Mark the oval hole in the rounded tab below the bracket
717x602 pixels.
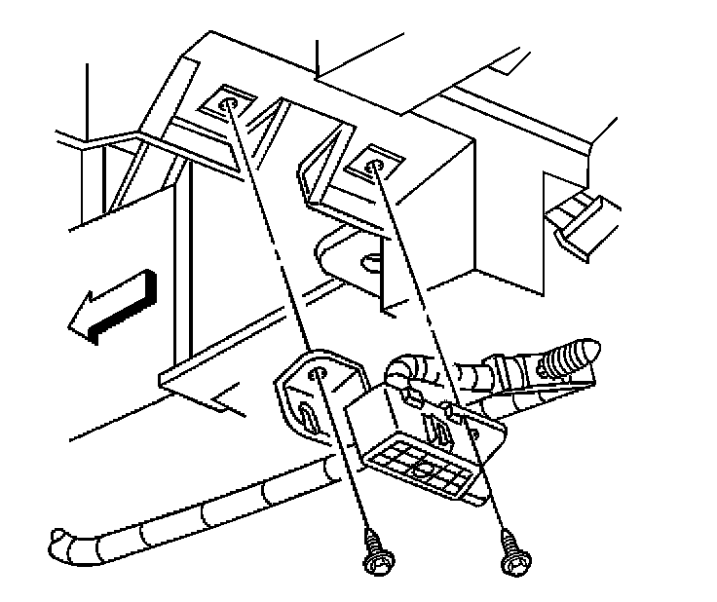tap(370, 260)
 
